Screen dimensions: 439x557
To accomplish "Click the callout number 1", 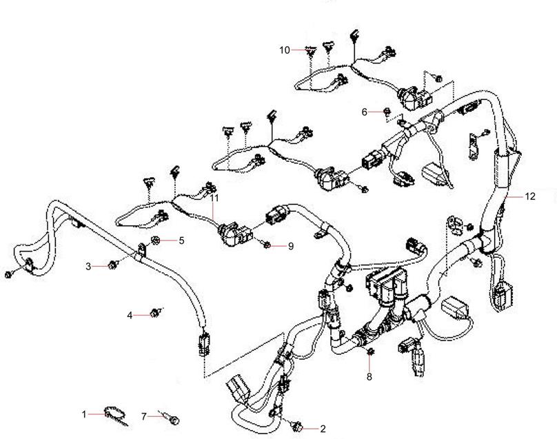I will (x=85, y=414).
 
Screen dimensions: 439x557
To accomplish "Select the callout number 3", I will (x=88, y=266).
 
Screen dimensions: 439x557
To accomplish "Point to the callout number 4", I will (x=130, y=315).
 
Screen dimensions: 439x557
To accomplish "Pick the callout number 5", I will (x=181, y=241).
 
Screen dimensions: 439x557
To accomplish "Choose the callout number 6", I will (x=365, y=112).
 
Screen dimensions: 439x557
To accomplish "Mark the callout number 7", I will (x=144, y=416).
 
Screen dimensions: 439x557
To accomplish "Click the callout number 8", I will (x=369, y=377).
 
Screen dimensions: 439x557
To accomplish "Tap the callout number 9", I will (x=290, y=246).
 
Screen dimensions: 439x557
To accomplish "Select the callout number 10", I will (x=285, y=50).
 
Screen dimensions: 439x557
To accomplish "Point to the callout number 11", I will (x=214, y=198).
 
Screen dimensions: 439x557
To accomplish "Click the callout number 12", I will (x=529, y=196).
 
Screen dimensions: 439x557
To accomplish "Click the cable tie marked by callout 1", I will (x=112, y=415).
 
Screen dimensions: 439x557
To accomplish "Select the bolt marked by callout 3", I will (x=112, y=265).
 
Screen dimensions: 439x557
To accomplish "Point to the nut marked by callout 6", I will (x=388, y=111).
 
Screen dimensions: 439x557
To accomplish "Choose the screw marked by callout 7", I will (x=172, y=418).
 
